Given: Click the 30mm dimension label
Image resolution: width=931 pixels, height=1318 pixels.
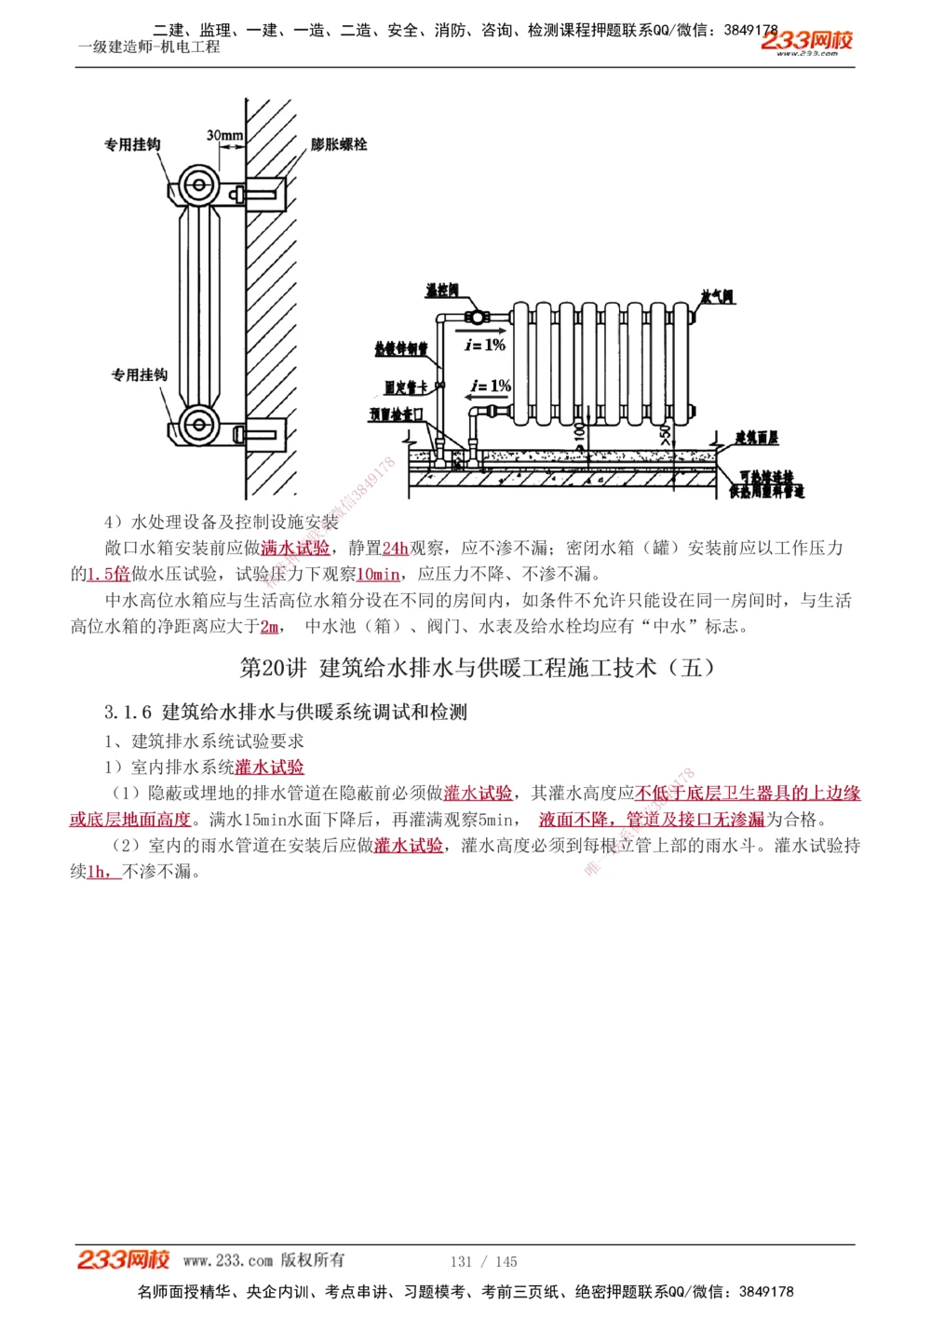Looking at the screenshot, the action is (x=224, y=136).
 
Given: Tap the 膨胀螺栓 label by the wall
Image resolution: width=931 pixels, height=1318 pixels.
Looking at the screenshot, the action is (x=338, y=144).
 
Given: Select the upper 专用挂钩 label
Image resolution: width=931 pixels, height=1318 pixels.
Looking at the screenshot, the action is (x=132, y=144).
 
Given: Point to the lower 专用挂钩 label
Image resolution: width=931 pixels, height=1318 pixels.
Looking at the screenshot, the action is (x=140, y=374).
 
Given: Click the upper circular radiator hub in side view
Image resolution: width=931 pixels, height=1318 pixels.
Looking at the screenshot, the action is (x=197, y=184).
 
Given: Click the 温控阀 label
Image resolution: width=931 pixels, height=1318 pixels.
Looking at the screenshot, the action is (x=441, y=291).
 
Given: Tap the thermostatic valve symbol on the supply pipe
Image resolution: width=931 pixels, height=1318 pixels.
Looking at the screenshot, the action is (x=477, y=316).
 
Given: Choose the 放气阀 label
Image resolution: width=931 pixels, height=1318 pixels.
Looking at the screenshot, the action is (x=717, y=297).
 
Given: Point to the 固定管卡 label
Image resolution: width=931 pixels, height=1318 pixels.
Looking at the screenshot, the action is (x=406, y=387).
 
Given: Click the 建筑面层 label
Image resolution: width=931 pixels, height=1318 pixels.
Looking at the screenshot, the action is (x=756, y=437).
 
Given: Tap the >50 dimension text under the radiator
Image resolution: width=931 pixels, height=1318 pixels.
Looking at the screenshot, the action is (x=665, y=433).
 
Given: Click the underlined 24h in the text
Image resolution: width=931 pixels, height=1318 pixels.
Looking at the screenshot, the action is (x=396, y=549).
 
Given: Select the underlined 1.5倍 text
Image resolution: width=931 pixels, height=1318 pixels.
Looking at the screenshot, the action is (x=109, y=575).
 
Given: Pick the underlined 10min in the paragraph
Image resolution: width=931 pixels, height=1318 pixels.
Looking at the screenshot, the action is (x=379, y=575).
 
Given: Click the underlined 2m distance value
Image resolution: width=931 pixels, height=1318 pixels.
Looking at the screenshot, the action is (x=269, y=627).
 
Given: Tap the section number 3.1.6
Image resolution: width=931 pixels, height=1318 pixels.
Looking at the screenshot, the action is (x=128, y=713).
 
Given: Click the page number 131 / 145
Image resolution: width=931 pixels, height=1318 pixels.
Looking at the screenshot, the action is (x=483, y=1261).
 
